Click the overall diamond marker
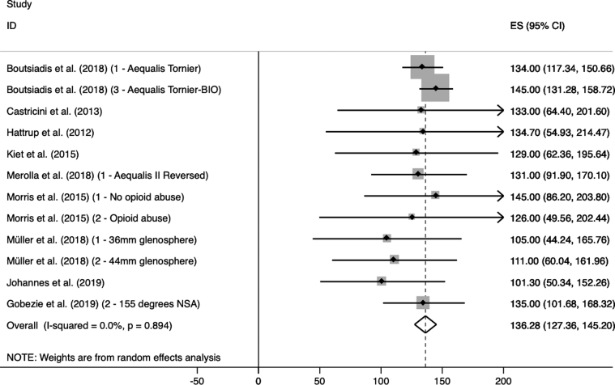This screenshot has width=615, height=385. (x=425, y=324)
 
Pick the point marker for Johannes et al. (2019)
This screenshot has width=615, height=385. (x=382, y=281)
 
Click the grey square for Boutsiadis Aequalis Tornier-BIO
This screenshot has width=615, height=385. (x=435, y=88)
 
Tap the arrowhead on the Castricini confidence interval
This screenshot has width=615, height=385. (x=500, y=110)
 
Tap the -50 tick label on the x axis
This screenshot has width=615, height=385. (x=196, y=378)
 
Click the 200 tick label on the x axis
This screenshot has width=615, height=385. (x=502, y=378)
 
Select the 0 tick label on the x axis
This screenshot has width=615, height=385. (x=258, y=378)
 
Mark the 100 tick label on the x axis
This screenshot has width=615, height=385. (x=380, y=378)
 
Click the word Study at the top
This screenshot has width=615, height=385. (x=18, y=5)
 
